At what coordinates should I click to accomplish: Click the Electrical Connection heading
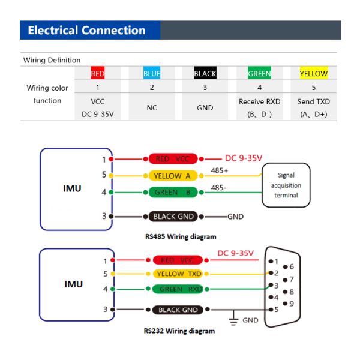(87, 31)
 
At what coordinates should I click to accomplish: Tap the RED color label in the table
(97, 74)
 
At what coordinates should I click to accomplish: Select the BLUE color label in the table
(152, 74)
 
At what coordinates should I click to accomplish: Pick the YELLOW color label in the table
(313, 74)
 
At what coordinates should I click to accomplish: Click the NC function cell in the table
(152, 108)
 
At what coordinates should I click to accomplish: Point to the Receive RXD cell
(259, 107)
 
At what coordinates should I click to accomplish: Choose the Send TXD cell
(313, 107)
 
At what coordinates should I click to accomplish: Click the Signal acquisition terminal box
(286, 185)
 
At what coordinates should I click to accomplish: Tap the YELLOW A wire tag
(172, 176)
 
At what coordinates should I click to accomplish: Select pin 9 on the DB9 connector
(290, 303)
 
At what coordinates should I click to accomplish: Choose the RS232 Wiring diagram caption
(179, 331)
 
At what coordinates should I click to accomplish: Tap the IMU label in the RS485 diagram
(72, 188)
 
